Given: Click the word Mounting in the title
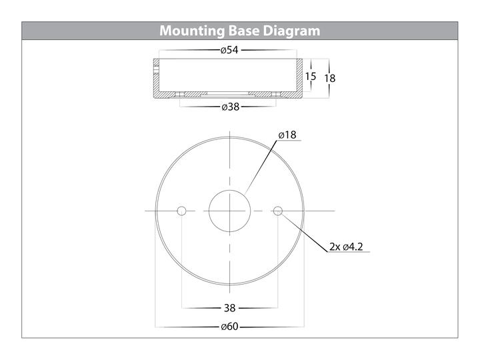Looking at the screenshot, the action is coord(192,31).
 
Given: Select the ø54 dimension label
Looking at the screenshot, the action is coord(229,50).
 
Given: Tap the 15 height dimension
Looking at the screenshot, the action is coord(311,76).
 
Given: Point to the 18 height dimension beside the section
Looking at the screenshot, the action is coord(330,79).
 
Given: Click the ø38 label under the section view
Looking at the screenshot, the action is coord(230,107).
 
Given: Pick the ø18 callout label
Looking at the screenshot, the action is coord(287,135).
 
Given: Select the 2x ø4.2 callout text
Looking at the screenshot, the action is coord(346,247).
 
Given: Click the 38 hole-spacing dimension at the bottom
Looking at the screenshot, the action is coord(229,307).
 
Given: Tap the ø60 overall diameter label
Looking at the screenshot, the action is coord(229,327).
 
